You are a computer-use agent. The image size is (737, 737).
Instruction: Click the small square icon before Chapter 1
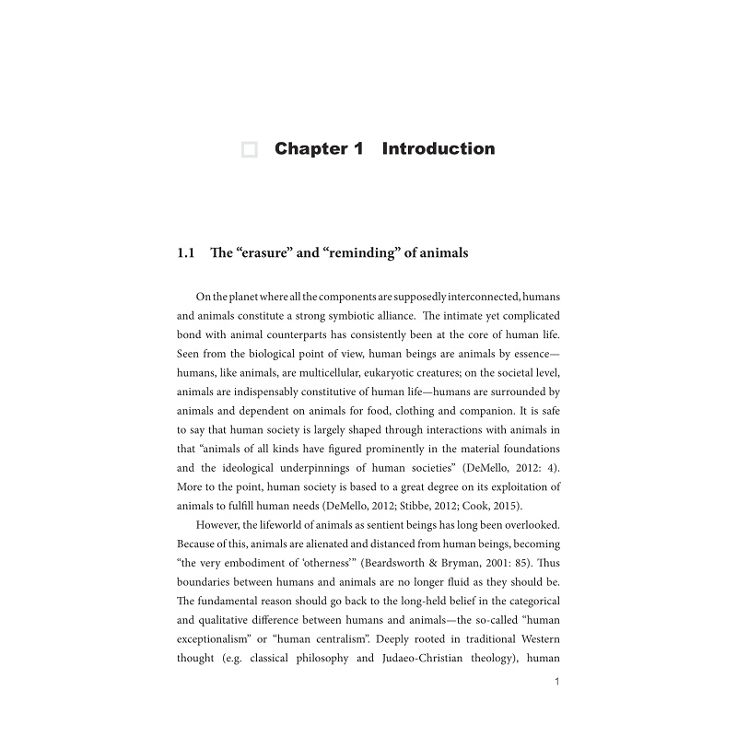[249, 150]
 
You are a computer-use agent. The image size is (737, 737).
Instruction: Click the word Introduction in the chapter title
[438, 149]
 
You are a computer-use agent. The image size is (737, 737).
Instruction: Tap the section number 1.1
[186, 252]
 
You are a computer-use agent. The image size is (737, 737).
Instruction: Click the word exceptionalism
[217, 639]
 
